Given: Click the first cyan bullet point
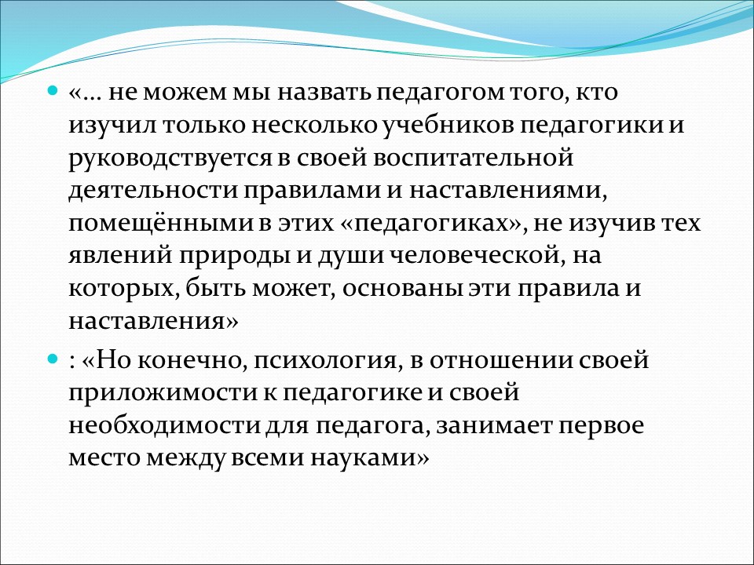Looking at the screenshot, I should pyautogui.click(x=53, y=91).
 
